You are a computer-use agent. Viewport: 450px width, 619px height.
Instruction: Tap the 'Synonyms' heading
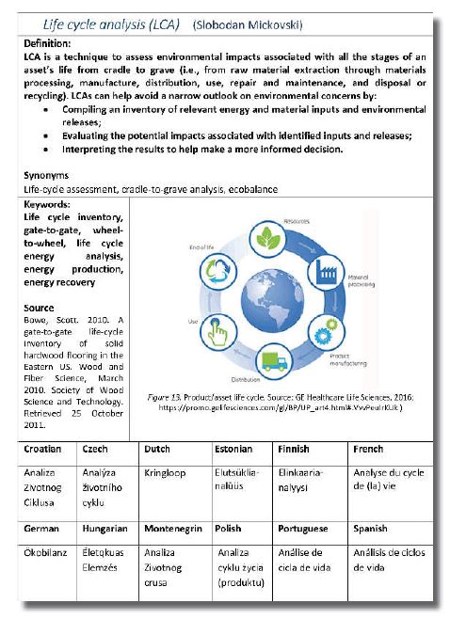(x=47, y=175)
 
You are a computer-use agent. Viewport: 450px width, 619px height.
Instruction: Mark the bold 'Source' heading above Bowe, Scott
(x=40, y=307)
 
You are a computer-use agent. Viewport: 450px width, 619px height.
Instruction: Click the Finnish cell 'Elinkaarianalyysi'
(x=302, y=484)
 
